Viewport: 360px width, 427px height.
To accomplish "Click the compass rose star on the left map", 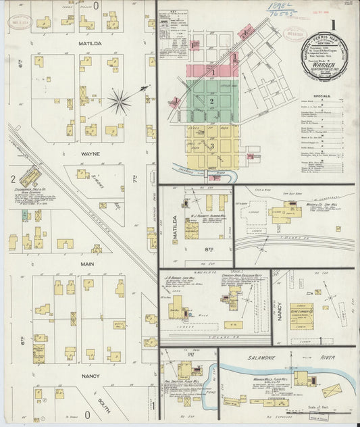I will [120, 102].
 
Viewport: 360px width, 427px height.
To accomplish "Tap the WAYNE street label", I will [91, 154].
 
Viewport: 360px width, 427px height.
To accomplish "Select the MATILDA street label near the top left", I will [89, 43].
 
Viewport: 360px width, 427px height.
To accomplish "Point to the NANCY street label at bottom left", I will [90, 375].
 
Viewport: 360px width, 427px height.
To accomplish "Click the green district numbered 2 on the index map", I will [212, 101].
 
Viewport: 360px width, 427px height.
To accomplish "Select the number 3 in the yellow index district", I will [211, 146].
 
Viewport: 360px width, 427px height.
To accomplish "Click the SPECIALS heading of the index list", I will [322, 97].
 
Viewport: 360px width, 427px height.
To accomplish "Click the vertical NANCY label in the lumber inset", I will [278, 311].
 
